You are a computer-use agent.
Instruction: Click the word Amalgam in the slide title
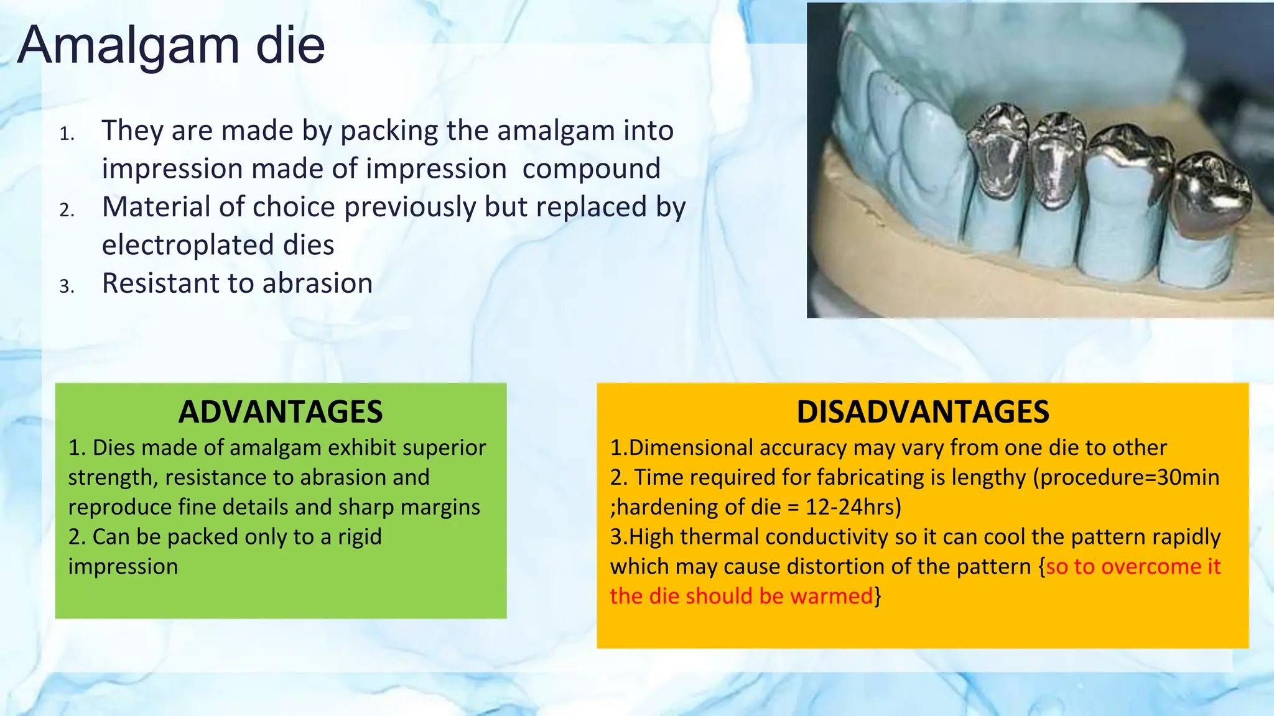(128, 46)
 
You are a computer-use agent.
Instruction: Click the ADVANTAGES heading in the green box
(281, 412)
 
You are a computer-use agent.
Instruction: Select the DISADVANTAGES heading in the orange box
(923, 412)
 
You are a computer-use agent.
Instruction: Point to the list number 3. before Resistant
(67, 286)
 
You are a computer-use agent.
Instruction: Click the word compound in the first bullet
(591, 169)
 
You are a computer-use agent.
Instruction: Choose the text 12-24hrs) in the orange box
(853, 507)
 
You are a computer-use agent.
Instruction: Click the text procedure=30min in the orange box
(1129, 477)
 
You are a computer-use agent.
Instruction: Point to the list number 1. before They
(67, 134)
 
